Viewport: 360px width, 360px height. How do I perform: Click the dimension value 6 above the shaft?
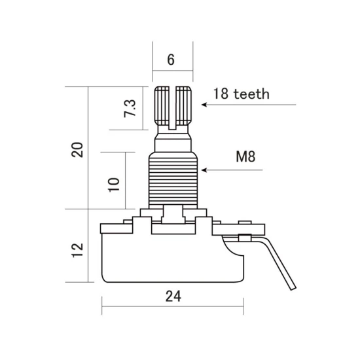(x=171, y=60)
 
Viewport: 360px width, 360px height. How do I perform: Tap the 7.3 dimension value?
(x=130, y=109)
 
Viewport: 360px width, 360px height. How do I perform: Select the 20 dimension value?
(x=77, y=150)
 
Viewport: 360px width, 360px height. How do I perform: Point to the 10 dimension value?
(x=114, y=185)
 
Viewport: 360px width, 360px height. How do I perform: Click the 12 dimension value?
(x=77, y=250)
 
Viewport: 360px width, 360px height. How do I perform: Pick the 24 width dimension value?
(x=173, y=296)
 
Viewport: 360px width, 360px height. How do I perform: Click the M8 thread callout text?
(x=245, y=156)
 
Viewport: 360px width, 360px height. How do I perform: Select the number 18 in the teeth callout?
(x=221, y=94)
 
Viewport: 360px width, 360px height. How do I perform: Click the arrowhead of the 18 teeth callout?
(x=204, y=105)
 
